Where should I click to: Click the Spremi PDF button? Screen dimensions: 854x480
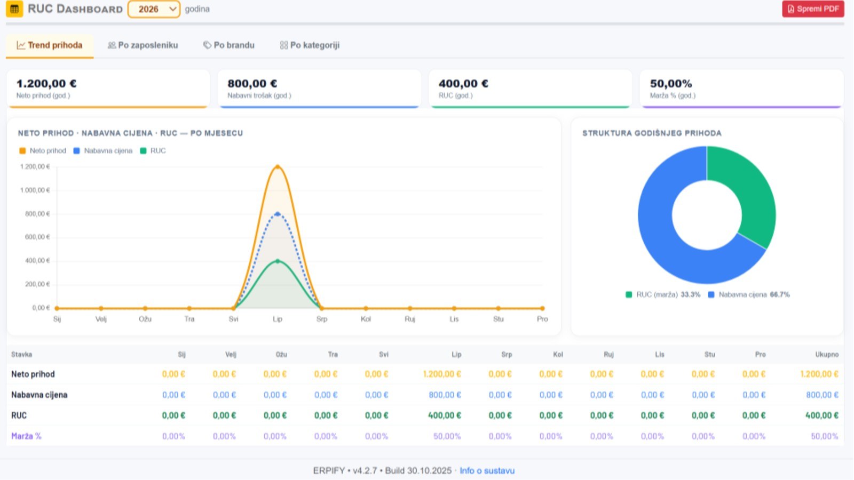tap(813, 9)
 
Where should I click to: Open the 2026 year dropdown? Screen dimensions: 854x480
tap(154, 9)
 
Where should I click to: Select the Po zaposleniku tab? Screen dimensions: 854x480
tap(143, 45)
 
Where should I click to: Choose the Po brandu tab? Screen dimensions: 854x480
tap(229, 45)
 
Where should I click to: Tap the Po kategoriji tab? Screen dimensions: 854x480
tap(310, 45)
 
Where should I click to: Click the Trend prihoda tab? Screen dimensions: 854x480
tap(50, 45)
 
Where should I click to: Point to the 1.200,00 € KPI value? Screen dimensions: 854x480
tap(46, 83)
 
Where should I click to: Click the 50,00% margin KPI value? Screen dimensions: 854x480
tap(671, 83)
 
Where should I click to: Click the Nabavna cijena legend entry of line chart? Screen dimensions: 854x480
tap(103, 151)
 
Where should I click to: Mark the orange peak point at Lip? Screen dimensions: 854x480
tap(278, 167)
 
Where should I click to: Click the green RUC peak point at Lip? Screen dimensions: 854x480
tap(278, 261)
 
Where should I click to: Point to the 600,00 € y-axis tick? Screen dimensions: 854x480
tap(37, 237)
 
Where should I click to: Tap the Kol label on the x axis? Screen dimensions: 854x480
tap(366, 319)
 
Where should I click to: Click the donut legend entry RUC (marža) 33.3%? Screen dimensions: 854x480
tap(663, 294)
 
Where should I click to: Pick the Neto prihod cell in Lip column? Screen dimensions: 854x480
tap(442, 374)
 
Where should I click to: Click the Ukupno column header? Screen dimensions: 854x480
tap(827, 354)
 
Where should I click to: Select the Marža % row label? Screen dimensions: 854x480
tap(26, 436)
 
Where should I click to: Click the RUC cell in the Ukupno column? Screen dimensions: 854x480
tap(821, 415)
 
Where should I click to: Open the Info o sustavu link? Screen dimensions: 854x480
tap(487, 470)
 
